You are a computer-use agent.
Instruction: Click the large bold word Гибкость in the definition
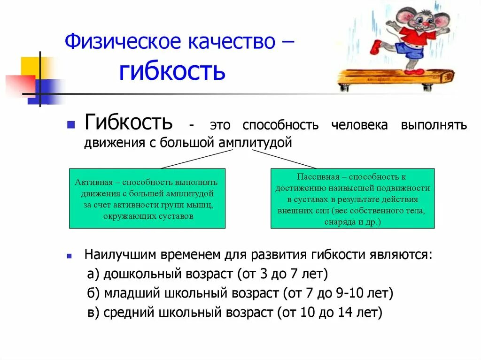(128, 123)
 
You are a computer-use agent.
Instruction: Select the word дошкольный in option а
(137, 274)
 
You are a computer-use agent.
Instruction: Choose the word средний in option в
(129, 313)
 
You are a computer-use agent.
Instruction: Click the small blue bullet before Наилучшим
(70, 257)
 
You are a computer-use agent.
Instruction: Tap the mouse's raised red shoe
(376, 46)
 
